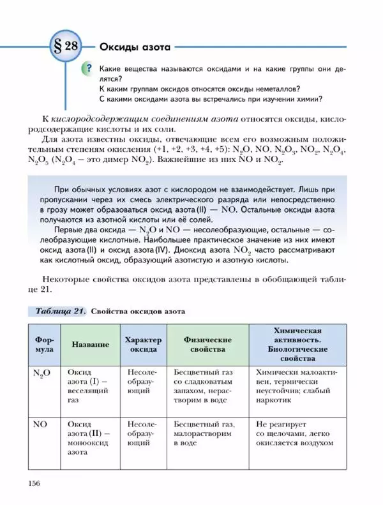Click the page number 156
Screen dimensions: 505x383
pos(34,483)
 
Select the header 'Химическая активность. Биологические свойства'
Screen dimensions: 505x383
pos(297,345)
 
